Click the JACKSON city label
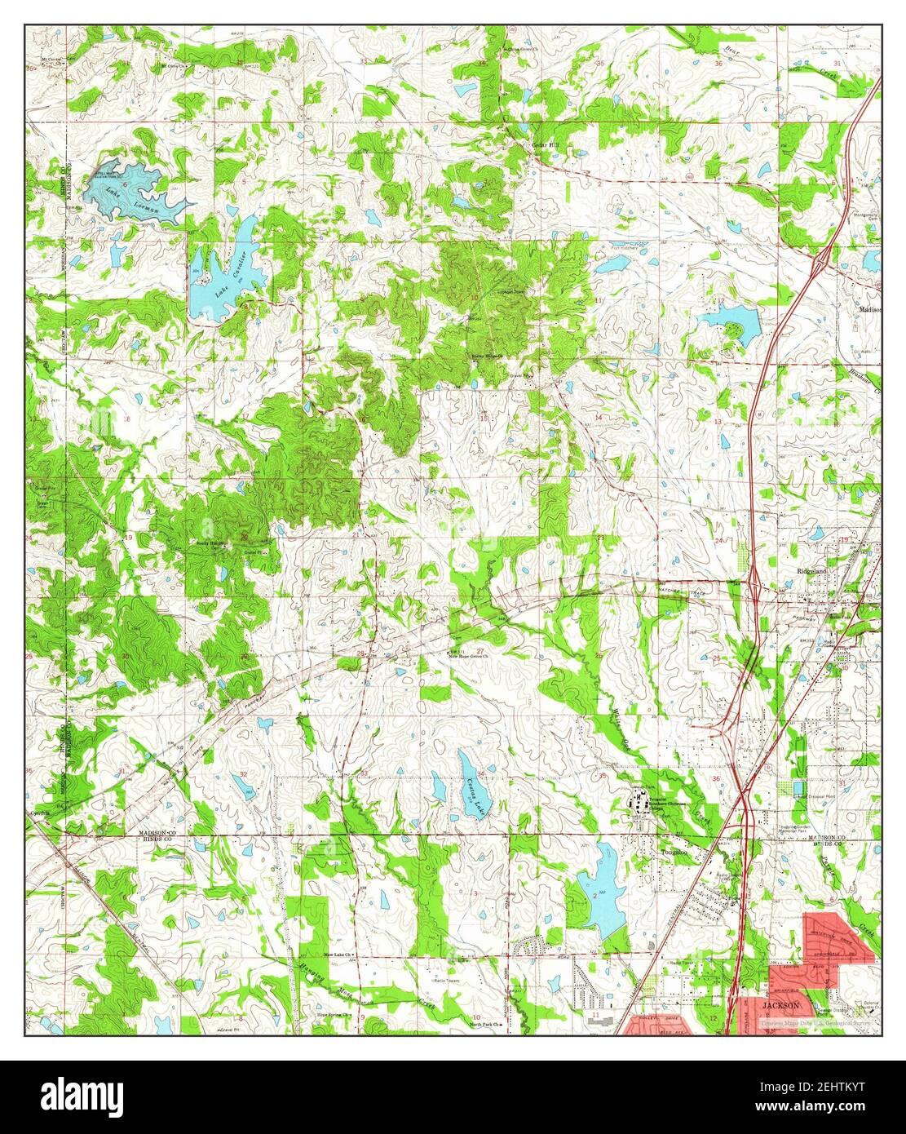point(780,1006)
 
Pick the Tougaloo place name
point(674,852)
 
